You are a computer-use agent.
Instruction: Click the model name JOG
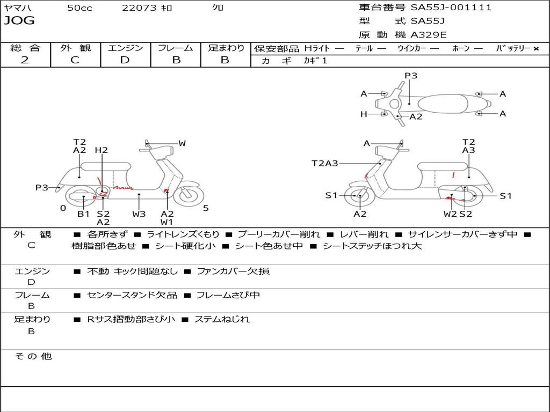[x=19, y=21]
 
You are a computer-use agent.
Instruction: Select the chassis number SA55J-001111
[x=451, y=8]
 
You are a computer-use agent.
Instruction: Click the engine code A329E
[x=429, y=35]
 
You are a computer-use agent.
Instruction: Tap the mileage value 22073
[x=139, y=8]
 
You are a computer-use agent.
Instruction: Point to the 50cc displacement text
[x=78, y=8]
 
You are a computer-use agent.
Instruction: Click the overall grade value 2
[x=25, y=60]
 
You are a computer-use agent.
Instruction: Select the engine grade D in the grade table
[x=125, y=60]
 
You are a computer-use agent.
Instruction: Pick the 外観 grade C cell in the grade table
[x=75, y=60]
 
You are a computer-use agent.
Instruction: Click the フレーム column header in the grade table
[x=175, y=48]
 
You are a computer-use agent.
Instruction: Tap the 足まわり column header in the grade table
[x=226, y=48]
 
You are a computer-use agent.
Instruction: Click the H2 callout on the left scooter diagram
[x=102, y=150]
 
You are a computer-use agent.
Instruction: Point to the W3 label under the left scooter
[x=139, y=214]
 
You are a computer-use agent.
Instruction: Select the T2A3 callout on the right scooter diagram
[x=325, y=164]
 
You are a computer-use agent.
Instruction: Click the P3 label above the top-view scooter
[x=411, y=76]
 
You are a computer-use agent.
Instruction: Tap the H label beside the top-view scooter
[x=364, y=114]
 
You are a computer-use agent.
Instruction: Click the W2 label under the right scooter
[x=450, y=214]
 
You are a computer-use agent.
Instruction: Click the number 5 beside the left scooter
[x=206, y=208]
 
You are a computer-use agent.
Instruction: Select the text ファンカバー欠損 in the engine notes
[x=233, y=271]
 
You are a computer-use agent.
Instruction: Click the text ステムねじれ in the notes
[x=222, y=319]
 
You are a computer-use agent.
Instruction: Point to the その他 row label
[x=33, y=356]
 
